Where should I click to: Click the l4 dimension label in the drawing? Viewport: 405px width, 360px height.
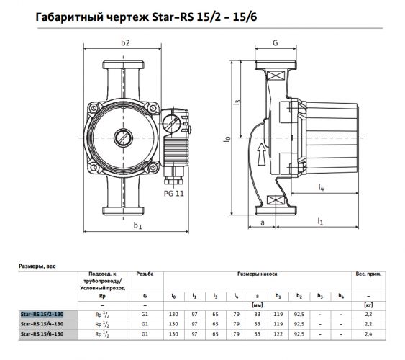[320, 189]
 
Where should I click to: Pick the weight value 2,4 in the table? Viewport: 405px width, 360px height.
[368, 334]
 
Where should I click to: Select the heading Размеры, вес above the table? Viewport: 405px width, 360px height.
[36, 265]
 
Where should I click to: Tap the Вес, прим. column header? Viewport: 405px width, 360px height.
[368, 275]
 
